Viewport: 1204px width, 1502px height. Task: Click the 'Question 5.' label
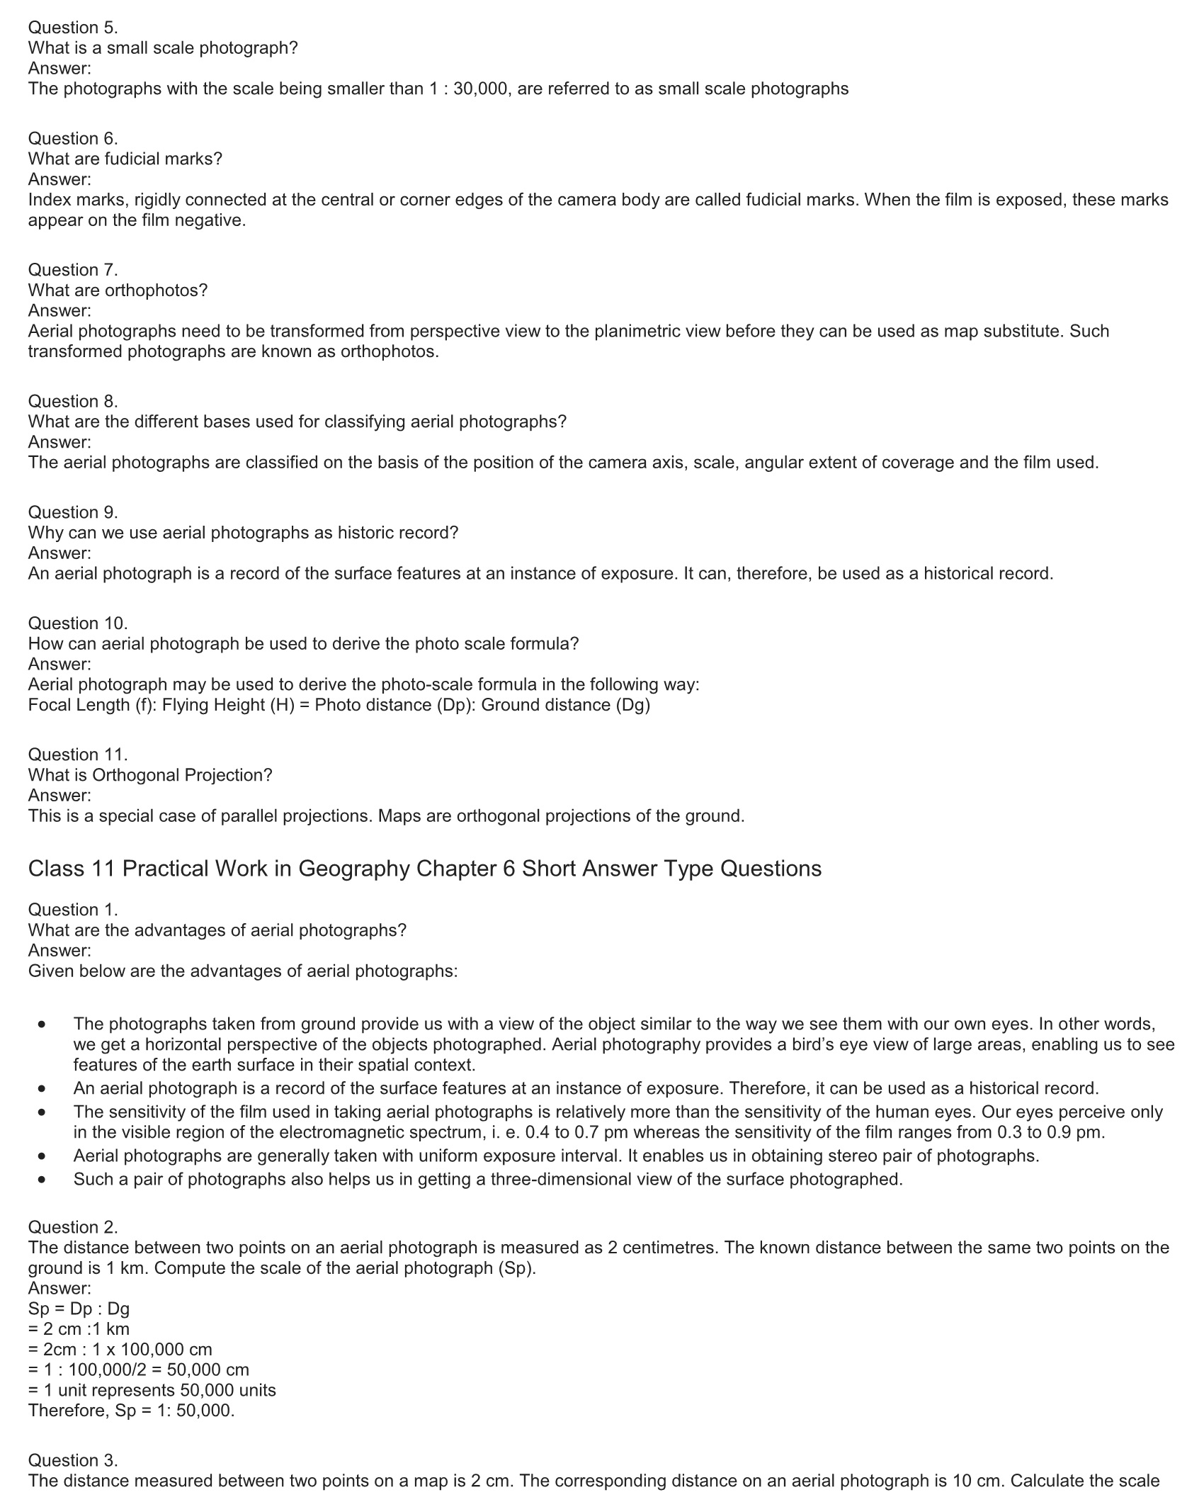click(x=73, y=28)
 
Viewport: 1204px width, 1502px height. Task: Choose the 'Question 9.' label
click(x=73, y=512)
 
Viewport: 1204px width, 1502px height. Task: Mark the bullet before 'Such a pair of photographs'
click(x=43, y=1180)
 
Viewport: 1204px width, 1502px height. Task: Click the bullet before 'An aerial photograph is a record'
click(x=43, y=1088)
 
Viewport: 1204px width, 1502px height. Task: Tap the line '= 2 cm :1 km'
click(x=79, y=1329)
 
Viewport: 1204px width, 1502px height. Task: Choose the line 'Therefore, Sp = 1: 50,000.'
click(x=131, y=1411)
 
